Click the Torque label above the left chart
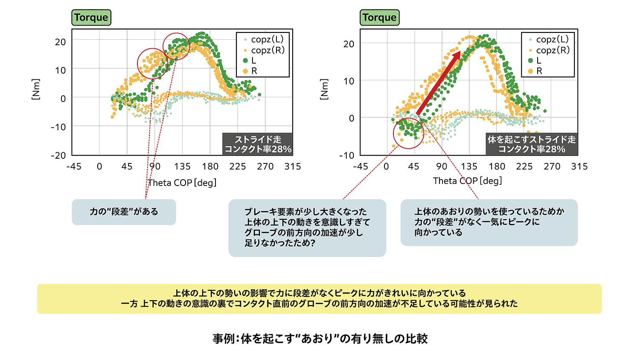pyautogui.click(x=91, y=17)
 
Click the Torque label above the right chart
pyautogui.click(x=379, y=17)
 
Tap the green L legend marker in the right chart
pyautogui.click(x=530, y=61)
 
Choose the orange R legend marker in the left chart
pyautogui.click(x=245, y=71)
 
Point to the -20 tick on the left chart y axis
pyautogui.click(x=58, y=155)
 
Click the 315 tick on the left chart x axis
pyautogui.click(x=293, y=166)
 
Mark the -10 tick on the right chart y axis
pyautogui.click(x=346, y=155)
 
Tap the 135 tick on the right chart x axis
pyautogui.click(x=469, y=166)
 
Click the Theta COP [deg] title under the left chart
pyautogui.click(x=182, y=183)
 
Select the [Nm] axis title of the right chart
pyautogui.click(x=324, y=89)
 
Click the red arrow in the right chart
pyautogui.click(x=439, y=83)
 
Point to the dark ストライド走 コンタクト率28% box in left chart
pyautogui.click(x=258, y=144)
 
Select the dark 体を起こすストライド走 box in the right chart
pyautogui.click(x=532, y=144)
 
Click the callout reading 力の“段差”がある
pyautogui.click(x=124, y=212)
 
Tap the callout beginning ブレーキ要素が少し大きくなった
pyautogui.click(x=307, y=227)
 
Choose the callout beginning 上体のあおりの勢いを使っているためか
pyautogui.click(x=489, y=222)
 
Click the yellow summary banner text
pyautogui.click(x=319, y=299)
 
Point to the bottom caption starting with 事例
pyautogui.click(x=320, y=339)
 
